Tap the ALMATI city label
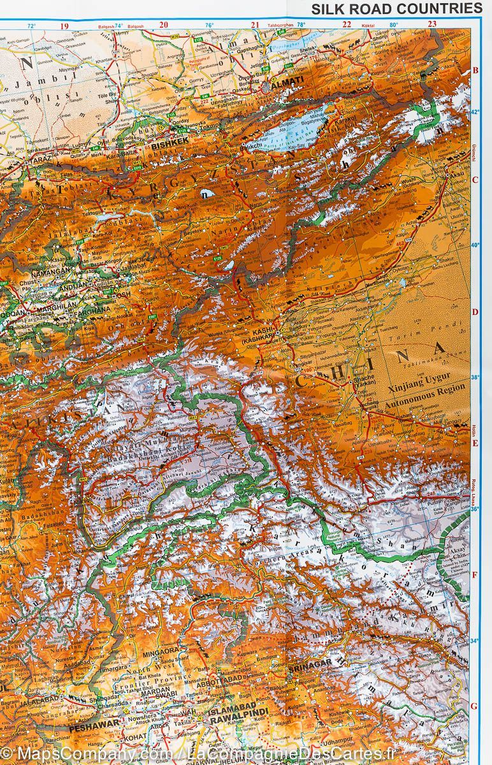pyautogui.click(x=286, y=84)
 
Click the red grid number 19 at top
pyautogui.click(x=63, y=26)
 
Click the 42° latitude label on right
pyautogui.click(x=474, y=112)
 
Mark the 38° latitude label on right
pyautogui.click(x=474, y=377)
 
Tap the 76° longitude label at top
pyautogui.click(x=209, y=26)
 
